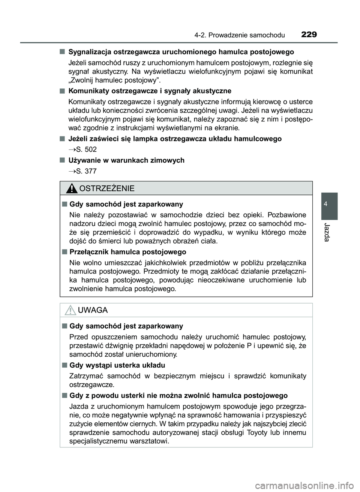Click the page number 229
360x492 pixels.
click(x=309, y=35)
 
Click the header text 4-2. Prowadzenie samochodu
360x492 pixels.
click(x=240, y=36)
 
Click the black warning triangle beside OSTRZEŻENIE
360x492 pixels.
click(x=70, y=188)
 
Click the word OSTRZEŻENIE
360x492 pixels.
click(x=107, y=188)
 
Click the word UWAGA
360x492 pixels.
click(x=93, y=310)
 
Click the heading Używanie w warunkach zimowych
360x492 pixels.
click(x=126, y=160)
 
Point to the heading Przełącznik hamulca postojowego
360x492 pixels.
click(x=128, y=252)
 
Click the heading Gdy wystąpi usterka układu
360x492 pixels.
click(x=117, y=365)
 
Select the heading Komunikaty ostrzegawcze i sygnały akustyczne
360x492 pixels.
click(x=150, y=91)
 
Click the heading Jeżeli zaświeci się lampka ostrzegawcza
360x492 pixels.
click(x=175, y=139)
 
